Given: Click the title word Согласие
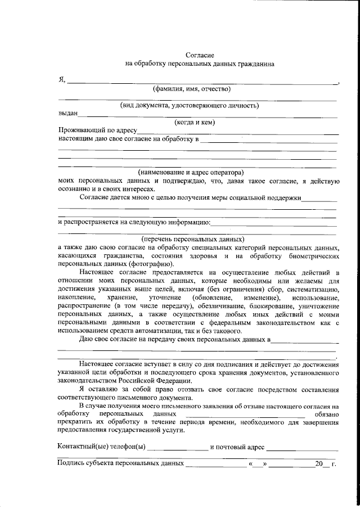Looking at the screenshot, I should click(200, 55).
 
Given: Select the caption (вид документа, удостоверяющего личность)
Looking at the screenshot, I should click(189, 105).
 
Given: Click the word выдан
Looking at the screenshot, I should click(67, 114).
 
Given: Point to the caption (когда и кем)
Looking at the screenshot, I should click(195, 122).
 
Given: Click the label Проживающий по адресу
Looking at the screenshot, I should click(94, 130).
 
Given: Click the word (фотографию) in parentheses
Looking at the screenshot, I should click(151, 264).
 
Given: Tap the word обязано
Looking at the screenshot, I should click(326, 414).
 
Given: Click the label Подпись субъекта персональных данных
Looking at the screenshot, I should click(121, 464).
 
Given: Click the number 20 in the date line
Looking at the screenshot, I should click(319, 464).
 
